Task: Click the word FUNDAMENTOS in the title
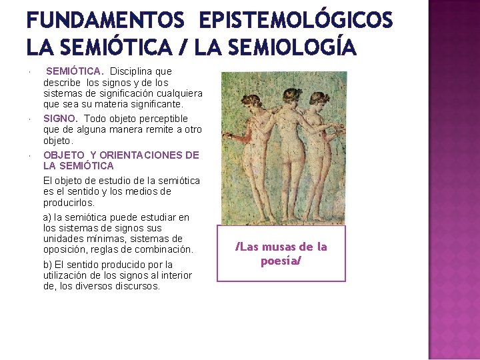[105, 21]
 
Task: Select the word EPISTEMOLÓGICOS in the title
[295, 21]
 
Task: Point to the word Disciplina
[132, 71]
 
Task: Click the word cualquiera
[179, 93]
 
